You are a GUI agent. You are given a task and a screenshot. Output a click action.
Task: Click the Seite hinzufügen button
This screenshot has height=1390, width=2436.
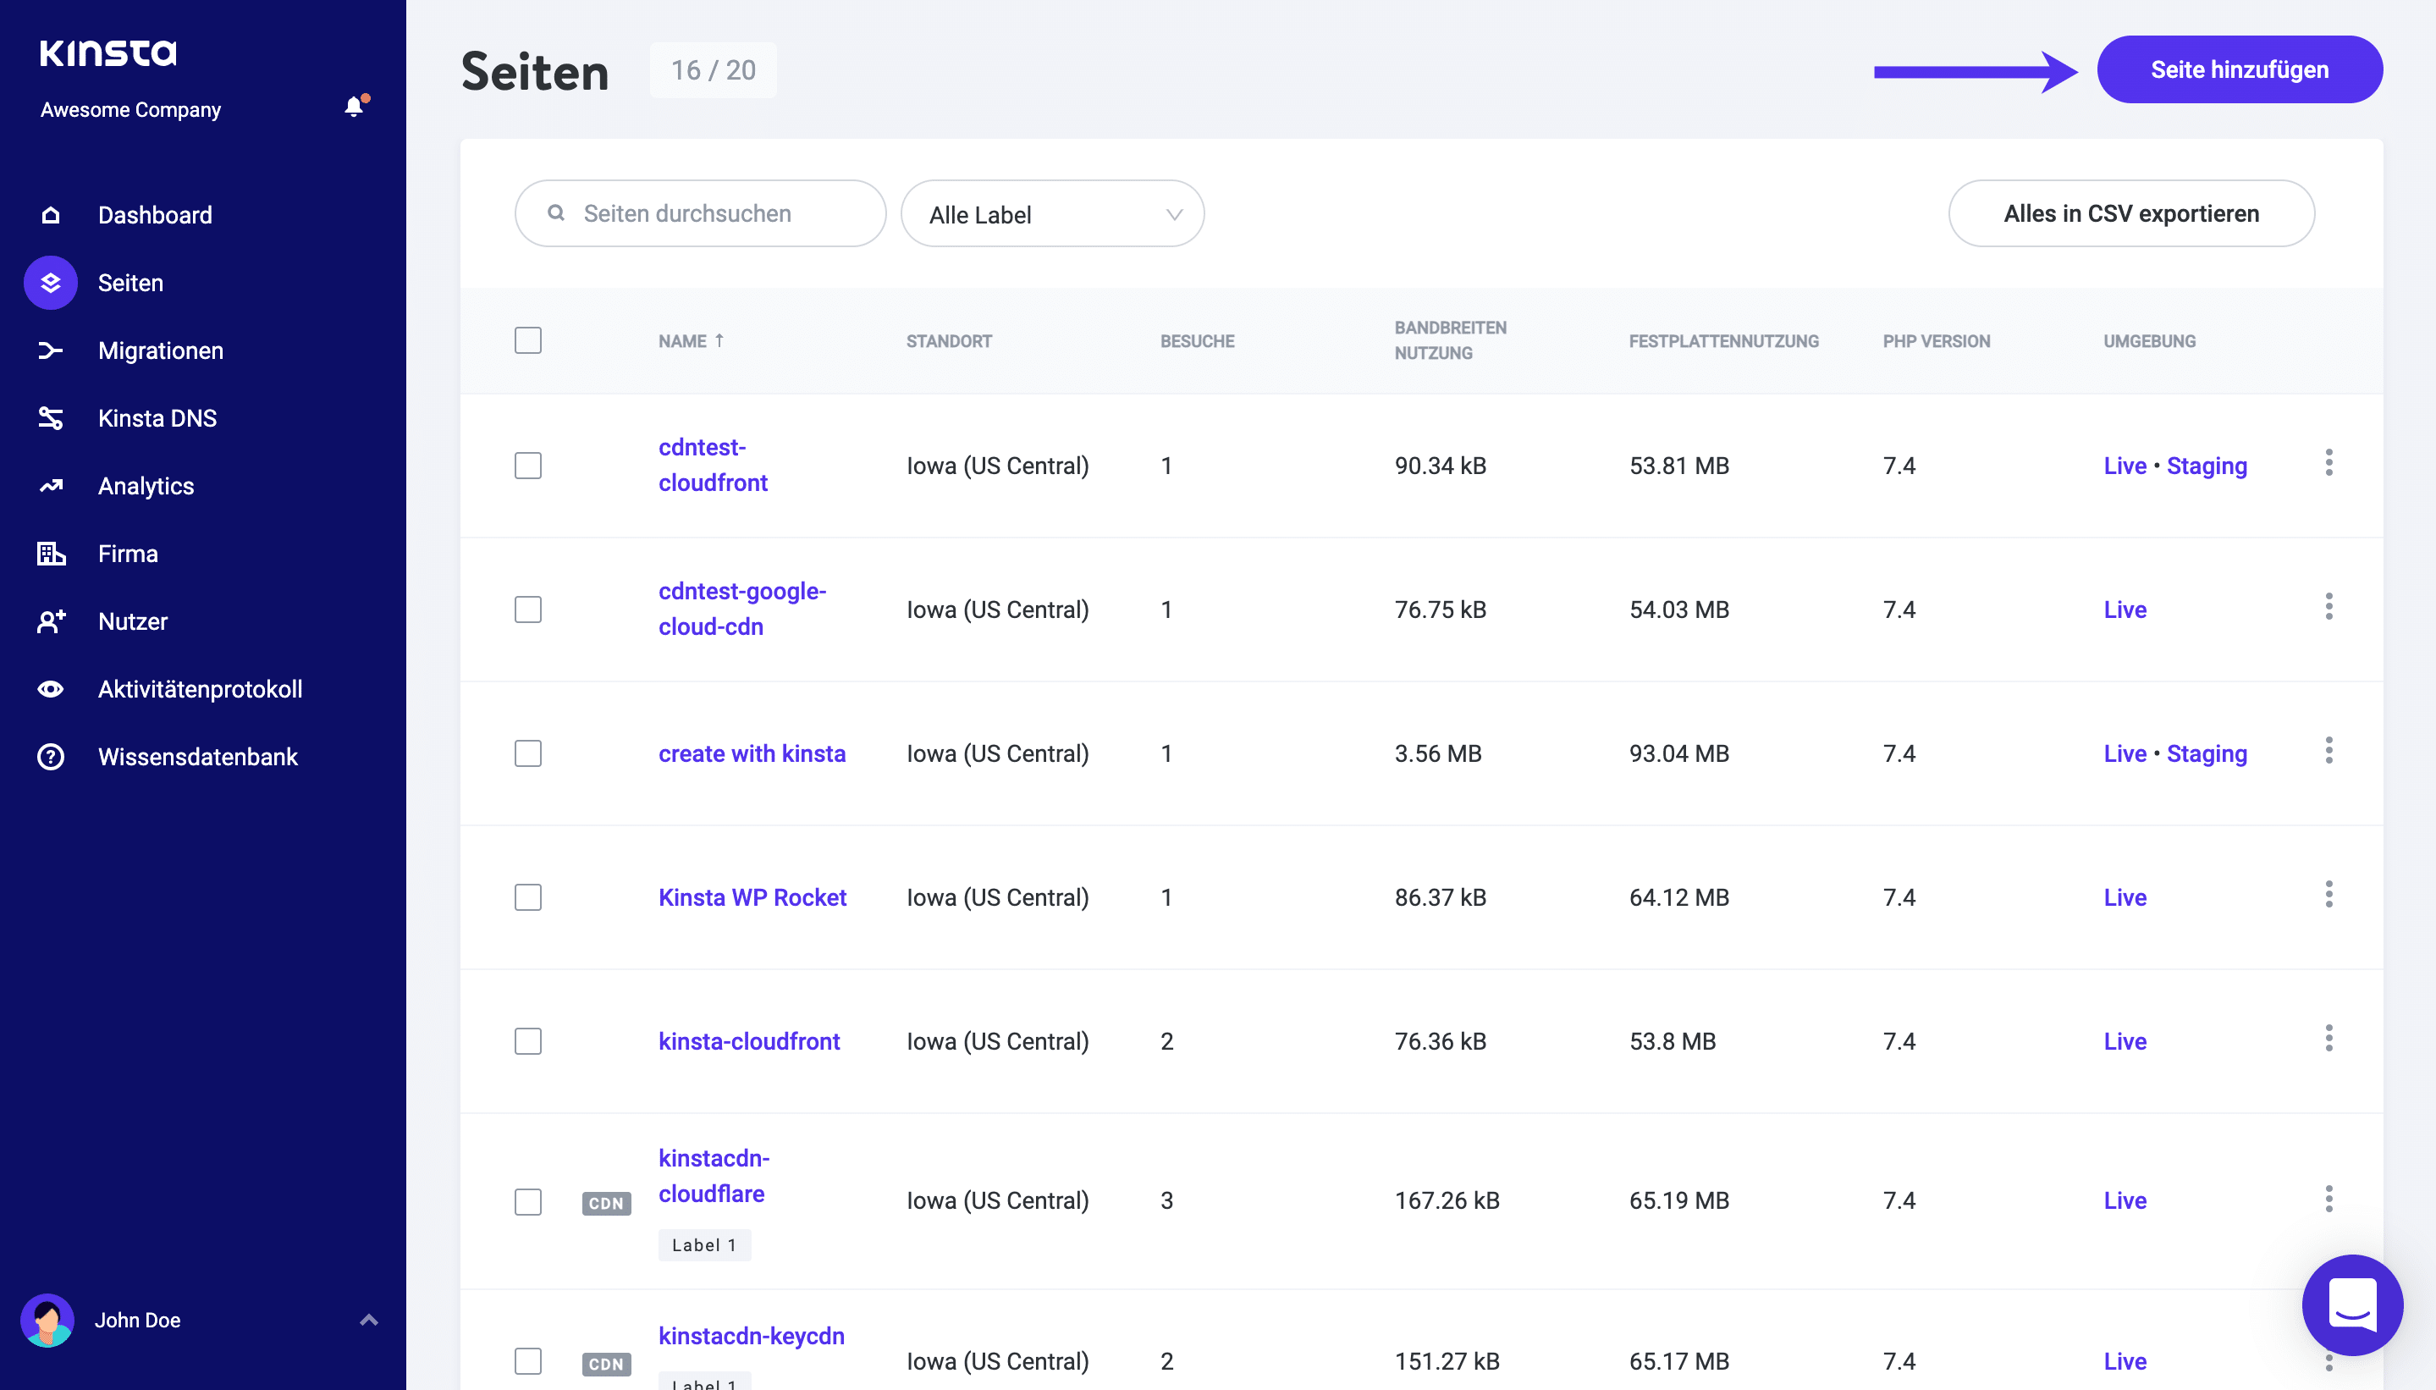[x=2239, y=69]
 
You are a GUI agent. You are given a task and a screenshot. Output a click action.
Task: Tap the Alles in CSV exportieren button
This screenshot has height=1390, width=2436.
[x=2130, y=214]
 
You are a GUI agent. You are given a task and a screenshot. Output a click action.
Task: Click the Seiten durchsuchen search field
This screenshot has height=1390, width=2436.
[x=701, y=214]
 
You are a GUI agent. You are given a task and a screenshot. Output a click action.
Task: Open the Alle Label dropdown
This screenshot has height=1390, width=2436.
[x=1052, y=215]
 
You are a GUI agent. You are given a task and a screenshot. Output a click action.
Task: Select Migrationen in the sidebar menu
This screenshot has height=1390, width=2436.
[x=160, y=350]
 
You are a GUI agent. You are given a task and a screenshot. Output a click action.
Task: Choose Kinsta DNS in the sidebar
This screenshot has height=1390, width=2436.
[x=157, y=418]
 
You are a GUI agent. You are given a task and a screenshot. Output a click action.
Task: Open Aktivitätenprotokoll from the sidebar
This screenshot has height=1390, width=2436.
[x=200, y=689]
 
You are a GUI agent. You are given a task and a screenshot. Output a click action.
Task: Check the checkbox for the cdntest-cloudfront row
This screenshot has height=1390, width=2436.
[x=528, y=466]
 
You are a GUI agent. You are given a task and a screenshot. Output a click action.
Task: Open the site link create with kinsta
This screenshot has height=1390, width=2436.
[x=752, y=753]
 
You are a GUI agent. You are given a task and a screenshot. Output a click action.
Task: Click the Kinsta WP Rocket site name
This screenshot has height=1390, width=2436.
[x=752, y=897]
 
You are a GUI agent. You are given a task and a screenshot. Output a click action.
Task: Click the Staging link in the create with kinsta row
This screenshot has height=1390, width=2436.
[x=2206, y=753]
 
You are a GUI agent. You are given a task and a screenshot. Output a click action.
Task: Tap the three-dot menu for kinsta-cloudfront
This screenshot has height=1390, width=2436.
[x=2329, y=1039]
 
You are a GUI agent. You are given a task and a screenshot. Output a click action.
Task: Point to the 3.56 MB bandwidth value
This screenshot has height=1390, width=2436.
[x=1437, y=753]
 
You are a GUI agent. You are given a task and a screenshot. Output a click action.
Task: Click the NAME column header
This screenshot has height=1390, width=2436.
[x=682, y=341]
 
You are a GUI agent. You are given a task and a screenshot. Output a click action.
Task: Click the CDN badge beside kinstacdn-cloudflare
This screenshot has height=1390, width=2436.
[x=606, y=1203]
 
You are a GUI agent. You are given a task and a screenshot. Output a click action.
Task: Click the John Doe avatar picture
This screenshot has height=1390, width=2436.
[x=47, y=1321]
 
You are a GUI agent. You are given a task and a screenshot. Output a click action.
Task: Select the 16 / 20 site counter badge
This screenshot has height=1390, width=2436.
[x=713, y=69]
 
